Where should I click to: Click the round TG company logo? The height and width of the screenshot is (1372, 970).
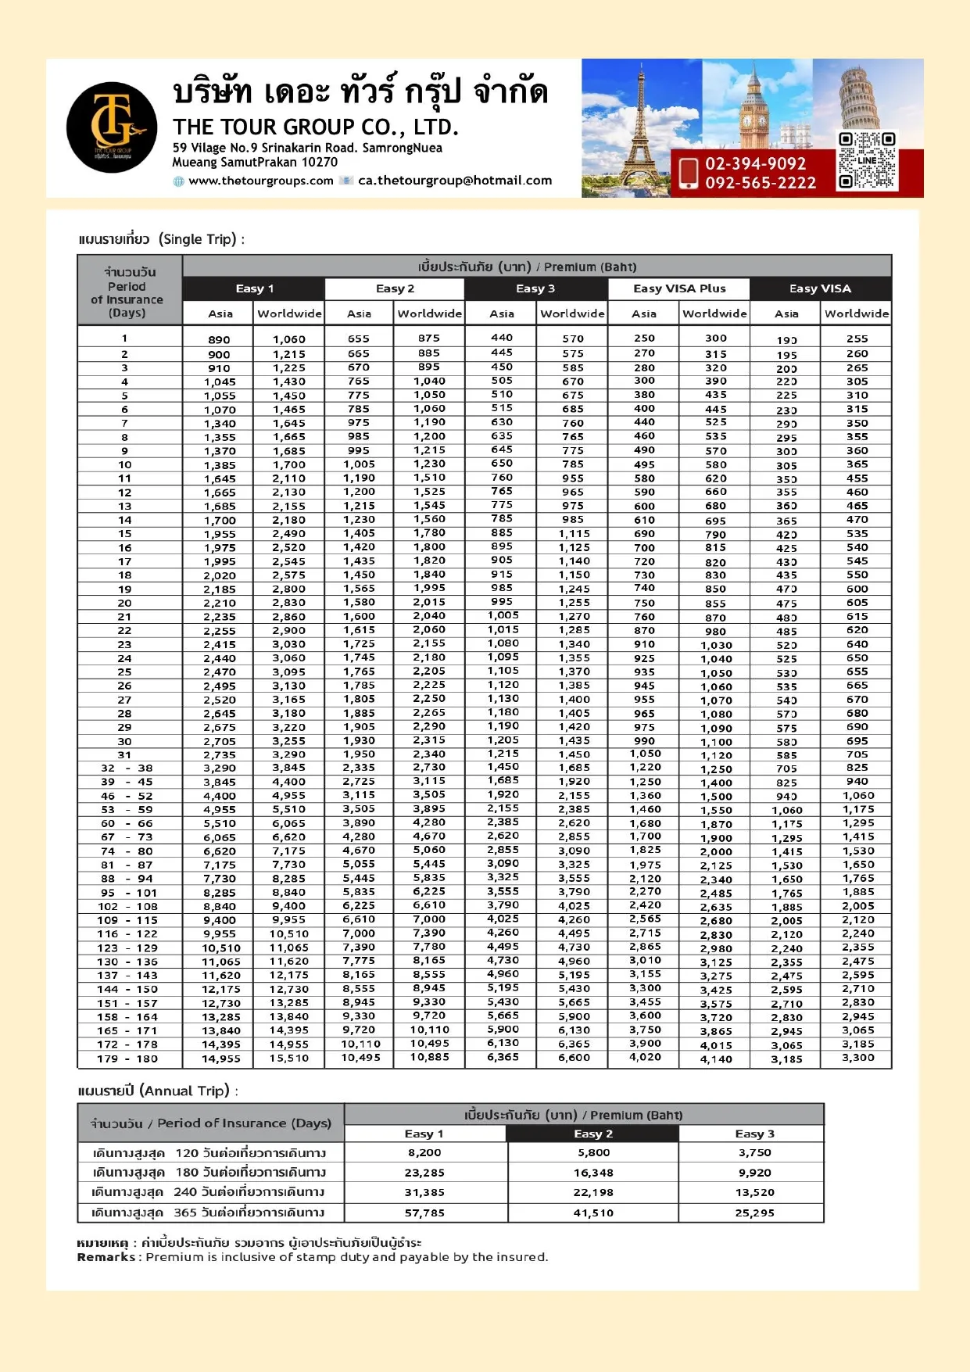(112, 127)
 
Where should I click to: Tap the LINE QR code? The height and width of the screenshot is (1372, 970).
(866, 161)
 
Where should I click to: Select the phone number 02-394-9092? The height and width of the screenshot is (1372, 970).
(755, 163)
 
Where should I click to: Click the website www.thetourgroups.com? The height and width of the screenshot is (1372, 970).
(261, 181)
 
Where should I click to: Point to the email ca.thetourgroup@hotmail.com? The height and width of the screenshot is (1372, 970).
(455, 181)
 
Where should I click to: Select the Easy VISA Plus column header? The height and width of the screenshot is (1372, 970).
(679, 288)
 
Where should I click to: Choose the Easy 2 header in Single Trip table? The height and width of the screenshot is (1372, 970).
(395, 288)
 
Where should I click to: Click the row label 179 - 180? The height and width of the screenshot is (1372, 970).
(129, 1059)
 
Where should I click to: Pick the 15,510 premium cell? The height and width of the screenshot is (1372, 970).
(289, 1059)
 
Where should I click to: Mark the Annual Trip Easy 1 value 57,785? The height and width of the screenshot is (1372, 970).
(424, 1213)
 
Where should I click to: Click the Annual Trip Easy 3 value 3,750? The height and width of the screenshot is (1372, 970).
(754, 1152)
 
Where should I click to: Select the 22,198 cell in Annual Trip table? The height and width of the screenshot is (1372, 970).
(593, 1192)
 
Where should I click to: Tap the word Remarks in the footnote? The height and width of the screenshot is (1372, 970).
(106, 1257)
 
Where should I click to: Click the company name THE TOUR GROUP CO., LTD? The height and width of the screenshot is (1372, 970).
(315, 127)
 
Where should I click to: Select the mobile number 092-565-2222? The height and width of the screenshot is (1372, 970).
(760, 183)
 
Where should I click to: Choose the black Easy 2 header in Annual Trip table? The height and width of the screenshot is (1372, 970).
(592, 1134)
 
